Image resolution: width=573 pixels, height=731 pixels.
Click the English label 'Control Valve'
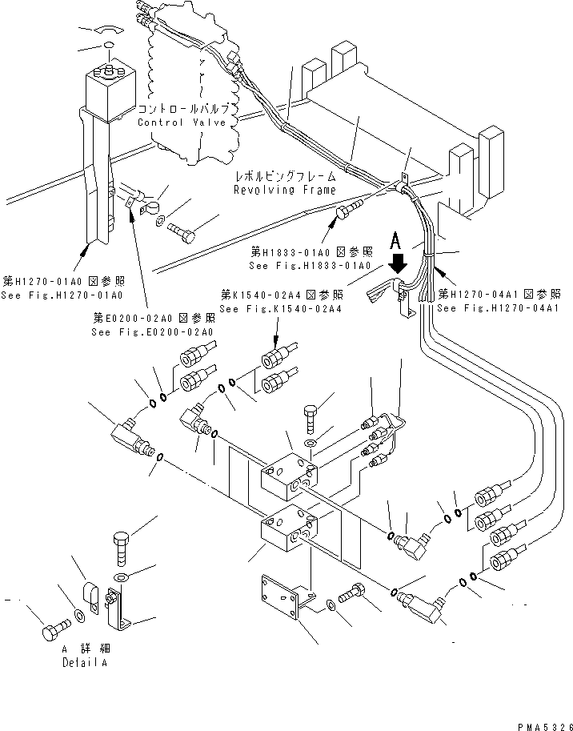pos(182,123)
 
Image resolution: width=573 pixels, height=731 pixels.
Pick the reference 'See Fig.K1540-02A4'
pos(270,309)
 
